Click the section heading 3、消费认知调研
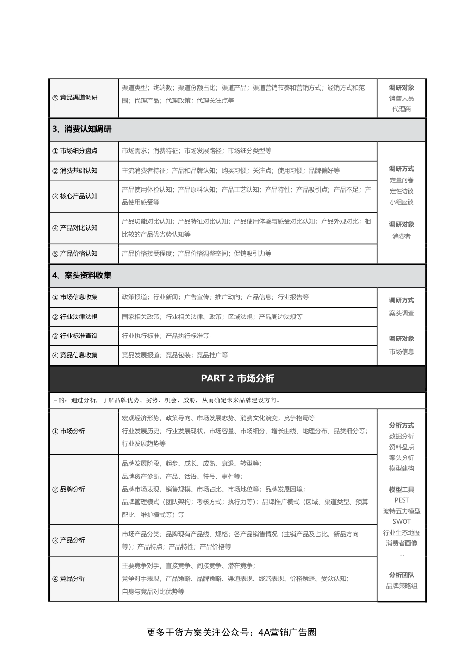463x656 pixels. (82, 129)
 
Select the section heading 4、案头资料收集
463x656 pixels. (82, 276)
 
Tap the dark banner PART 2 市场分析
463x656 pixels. (237, 378)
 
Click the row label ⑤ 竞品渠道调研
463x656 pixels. (75, 98)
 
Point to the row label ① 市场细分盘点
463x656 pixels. (75, 151)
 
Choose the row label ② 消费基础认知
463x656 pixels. (75, 171)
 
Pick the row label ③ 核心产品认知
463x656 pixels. (75, 196)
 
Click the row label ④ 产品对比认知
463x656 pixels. (75, 228)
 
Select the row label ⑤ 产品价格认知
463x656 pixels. (75, 254)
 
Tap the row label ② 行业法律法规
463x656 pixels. (75, 317)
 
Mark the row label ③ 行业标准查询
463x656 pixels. (75, 336)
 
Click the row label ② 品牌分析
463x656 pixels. (69, 489)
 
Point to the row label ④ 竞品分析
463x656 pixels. (69, 579)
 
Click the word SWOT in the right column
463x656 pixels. (402, 522)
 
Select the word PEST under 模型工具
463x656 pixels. (402, 500)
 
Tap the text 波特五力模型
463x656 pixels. (402, 511)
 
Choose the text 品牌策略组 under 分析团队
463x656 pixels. (402, 586)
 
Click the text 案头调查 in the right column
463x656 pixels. (402, 313)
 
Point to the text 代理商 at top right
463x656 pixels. (402, 109)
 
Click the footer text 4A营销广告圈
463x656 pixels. (288, 633)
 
